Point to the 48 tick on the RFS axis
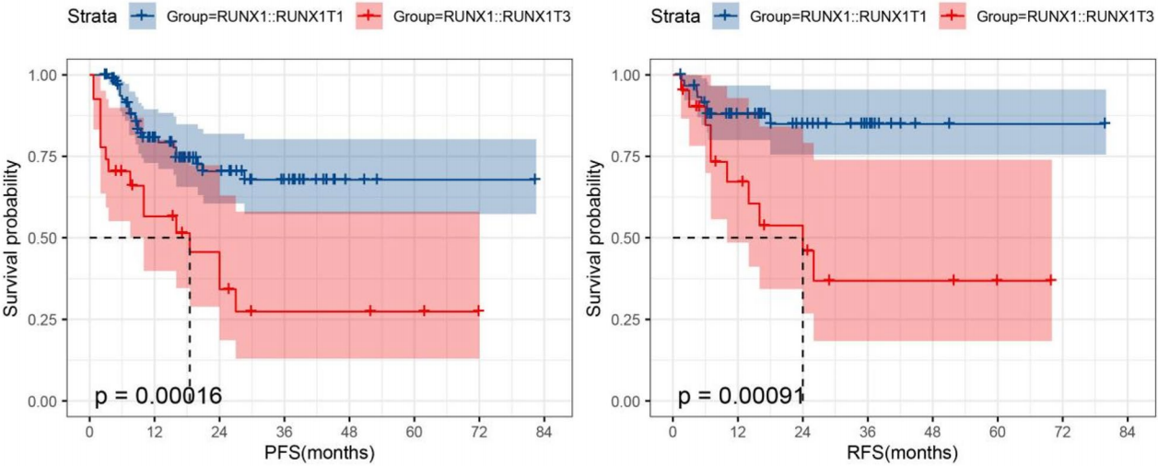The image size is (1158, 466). click(932, 431)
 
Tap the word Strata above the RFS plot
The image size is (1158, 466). click(675, 16)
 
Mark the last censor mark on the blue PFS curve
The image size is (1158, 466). click(534, 180)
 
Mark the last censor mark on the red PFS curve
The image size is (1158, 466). click(479, 311)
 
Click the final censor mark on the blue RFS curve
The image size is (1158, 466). click(1105, 122)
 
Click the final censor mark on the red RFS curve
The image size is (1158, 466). click(1051, 280)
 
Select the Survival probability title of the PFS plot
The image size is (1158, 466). click(14, 237)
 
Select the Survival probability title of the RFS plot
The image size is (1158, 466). click(598, 237)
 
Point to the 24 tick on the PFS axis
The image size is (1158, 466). click(219, 431)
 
